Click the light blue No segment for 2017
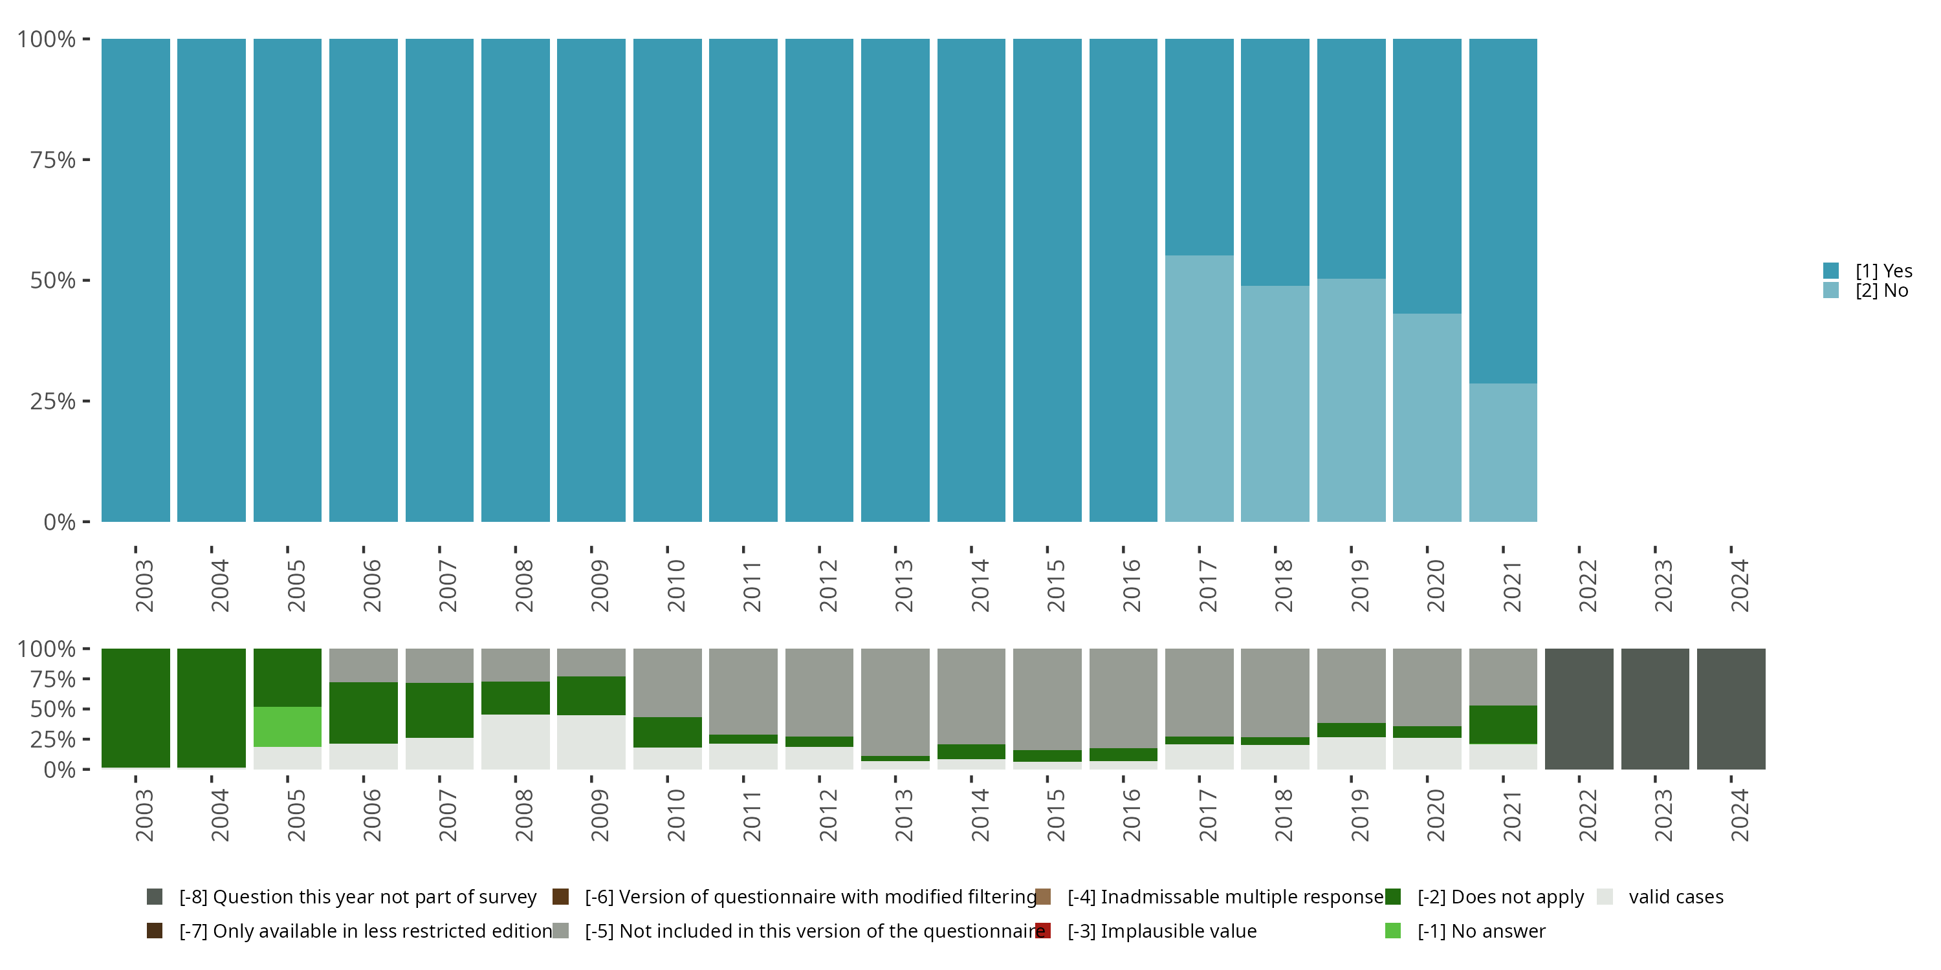[x=1199, y=388]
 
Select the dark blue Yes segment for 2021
[x=1502, y=211]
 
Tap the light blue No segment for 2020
[x=1427, y=417]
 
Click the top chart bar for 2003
[x=136, y=280]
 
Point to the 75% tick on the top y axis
[x=53, y=160]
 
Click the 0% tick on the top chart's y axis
[x=60, y=522]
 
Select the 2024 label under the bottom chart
[x=1738, y=815]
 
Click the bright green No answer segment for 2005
[x=287, y=727]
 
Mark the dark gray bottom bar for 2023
[x=1654, y=709]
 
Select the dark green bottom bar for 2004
[x=211, y=708]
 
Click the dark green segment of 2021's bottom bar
[x=1502, y=724]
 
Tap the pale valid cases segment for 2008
[x=516, y=742]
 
